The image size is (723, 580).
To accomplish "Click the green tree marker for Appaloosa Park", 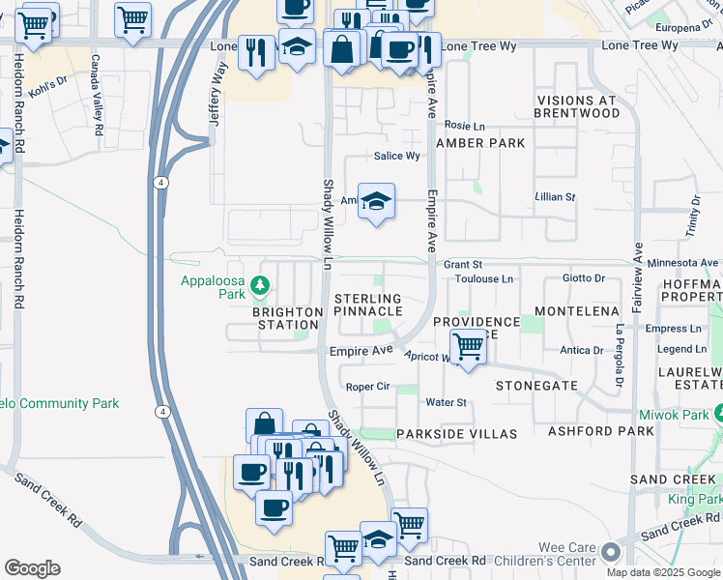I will point(259,285).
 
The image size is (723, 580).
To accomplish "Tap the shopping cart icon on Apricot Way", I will point(468,345).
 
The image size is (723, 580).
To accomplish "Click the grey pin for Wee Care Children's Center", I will point(610,553).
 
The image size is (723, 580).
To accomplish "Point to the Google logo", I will point(32,568).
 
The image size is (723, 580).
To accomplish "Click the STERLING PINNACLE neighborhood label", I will point(367,305).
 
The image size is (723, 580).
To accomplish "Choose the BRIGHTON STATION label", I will point(287,318).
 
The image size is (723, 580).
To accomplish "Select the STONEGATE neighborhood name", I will point(536,385).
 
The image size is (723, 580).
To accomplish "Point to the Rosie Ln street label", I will point(464,125).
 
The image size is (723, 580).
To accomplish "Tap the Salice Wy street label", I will point(397,156).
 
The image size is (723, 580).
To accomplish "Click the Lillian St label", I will point(556,196).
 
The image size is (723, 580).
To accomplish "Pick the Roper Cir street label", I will point(367,386).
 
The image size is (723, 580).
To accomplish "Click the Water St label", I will point(446,402).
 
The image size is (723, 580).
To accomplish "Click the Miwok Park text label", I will point(681,414).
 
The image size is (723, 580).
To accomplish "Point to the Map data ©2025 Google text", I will point(662,572).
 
